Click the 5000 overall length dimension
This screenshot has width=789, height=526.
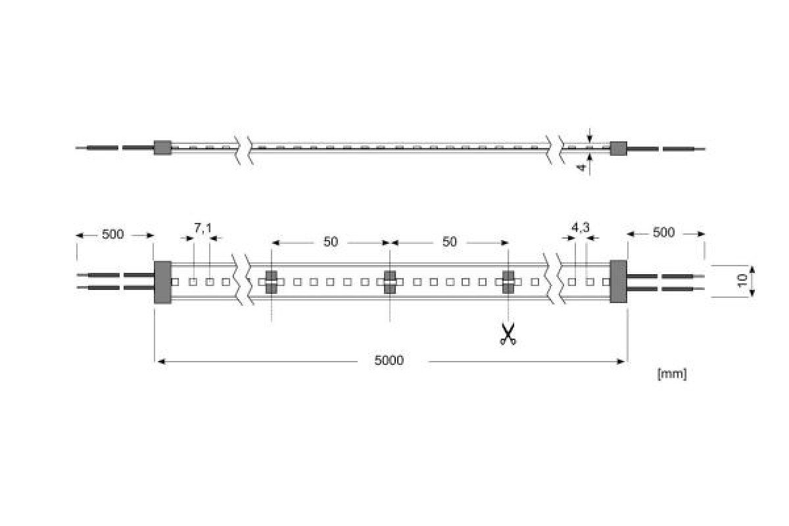[389, 360]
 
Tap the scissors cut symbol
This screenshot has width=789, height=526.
[508, 334]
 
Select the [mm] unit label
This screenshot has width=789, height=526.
[672, 374]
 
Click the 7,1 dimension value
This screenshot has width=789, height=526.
[203, 228]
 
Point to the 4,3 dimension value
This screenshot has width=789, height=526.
[580, 227]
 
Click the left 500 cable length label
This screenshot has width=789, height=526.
[112, 234]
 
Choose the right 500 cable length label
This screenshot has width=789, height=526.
[663, 233]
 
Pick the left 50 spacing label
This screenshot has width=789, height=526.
[331, 242]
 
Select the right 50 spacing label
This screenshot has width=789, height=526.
[450, 242]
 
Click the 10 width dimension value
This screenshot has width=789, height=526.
[742, 281]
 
